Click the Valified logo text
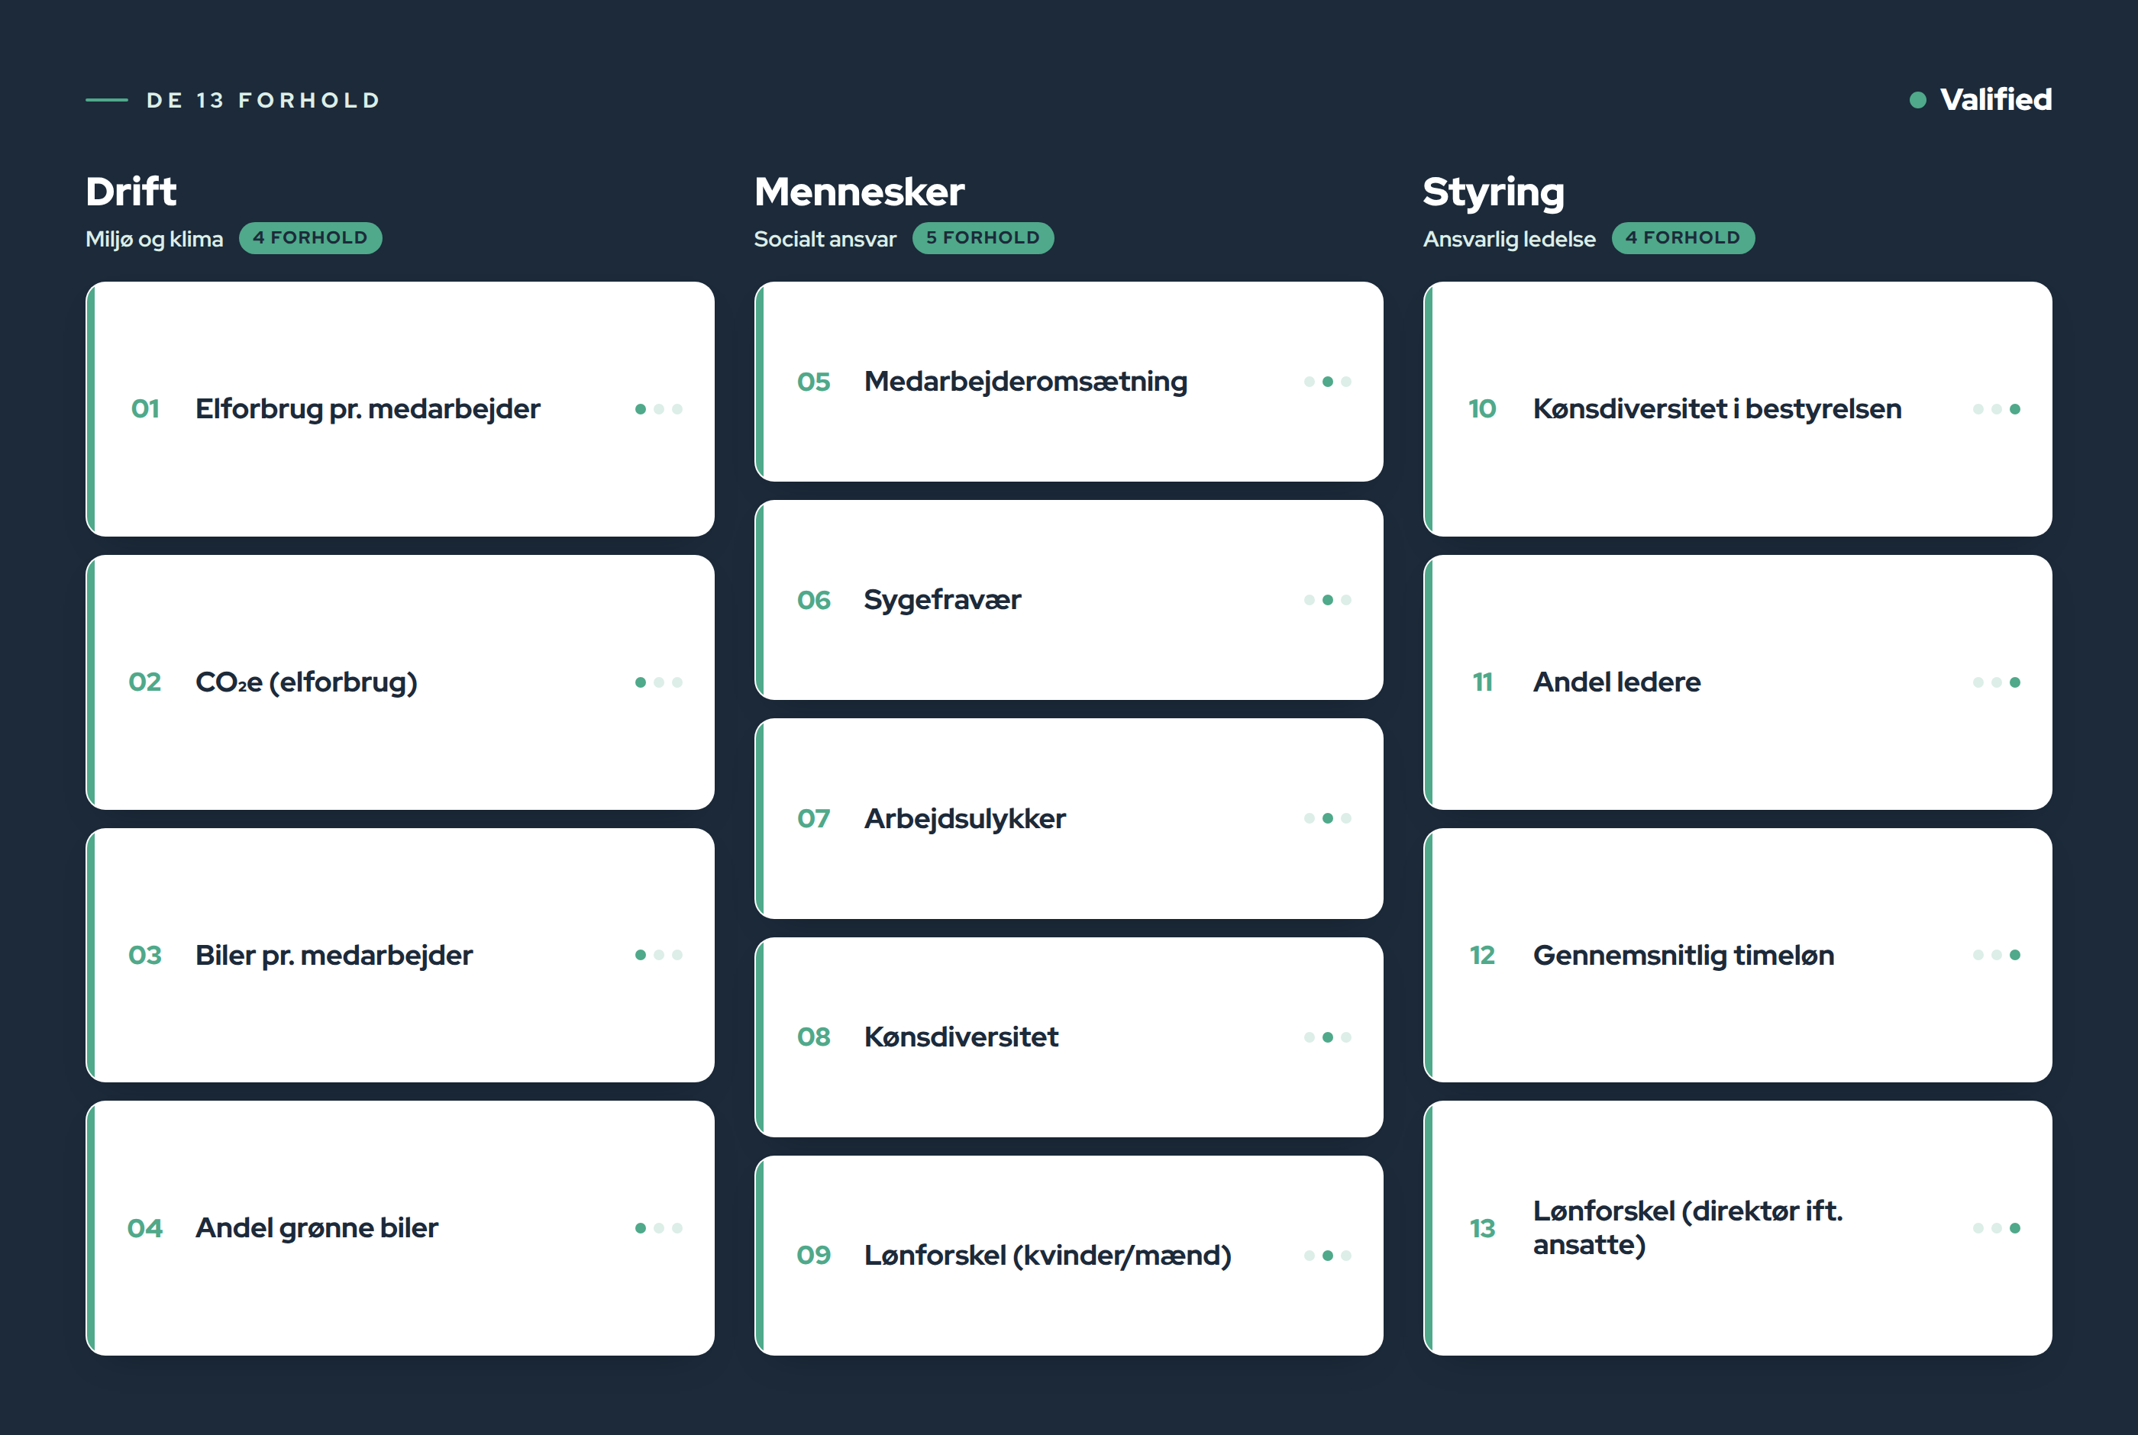tap(1995, 98)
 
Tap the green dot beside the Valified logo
tap(1917, 100)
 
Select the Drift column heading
tap(131, 192)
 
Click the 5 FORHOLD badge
tap(983, 238)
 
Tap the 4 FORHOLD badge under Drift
tap(310, 238)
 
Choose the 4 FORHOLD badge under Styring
tap(1683, 238)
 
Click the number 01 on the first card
tap(146, 409)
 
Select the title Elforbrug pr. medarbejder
tap(368, 409)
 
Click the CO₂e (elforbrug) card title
tap(307, 682)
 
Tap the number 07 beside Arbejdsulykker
tap(814, 818)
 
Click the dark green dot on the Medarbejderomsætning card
tap(1328, 382)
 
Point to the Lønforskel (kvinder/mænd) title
tap(1048, 1256)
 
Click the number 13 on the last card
tap(1483, 1228)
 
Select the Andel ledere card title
tap(1617, 682)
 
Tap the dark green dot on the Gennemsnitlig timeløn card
tap(2015, 955)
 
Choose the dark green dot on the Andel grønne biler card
tap(641, 1228)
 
